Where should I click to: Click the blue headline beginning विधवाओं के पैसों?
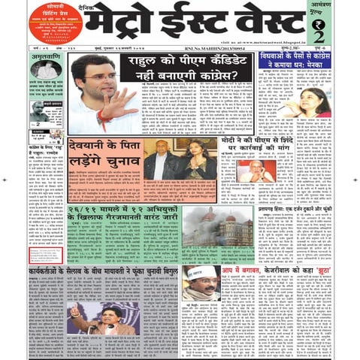point(294,62)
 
